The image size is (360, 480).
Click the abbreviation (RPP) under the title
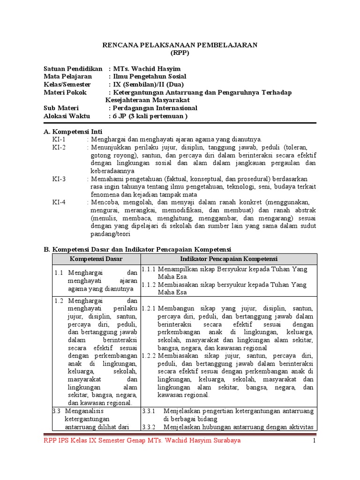point(180,52)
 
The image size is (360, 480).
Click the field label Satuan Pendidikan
point(73,68)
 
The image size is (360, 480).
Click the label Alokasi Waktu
point(67,116)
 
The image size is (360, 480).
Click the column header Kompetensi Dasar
point(96,259)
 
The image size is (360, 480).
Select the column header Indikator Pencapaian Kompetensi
point(229,259)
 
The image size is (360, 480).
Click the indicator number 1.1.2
point(149,285)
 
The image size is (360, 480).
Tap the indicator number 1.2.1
point(149,309)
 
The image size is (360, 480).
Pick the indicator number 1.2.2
point(149,356)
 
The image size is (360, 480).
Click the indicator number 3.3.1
point(149,411)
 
